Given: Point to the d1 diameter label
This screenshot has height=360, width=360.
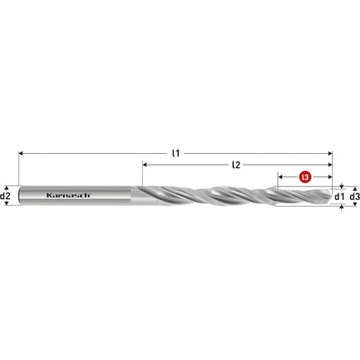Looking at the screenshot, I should tap(338, 195).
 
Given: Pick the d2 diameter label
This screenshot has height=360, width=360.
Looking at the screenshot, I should tap(6, 195).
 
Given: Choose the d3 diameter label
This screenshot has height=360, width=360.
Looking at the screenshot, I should tap(354, 195).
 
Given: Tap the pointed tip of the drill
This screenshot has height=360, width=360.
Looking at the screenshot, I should tap(332, 195).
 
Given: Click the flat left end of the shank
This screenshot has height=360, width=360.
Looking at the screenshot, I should tap(20, 195).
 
